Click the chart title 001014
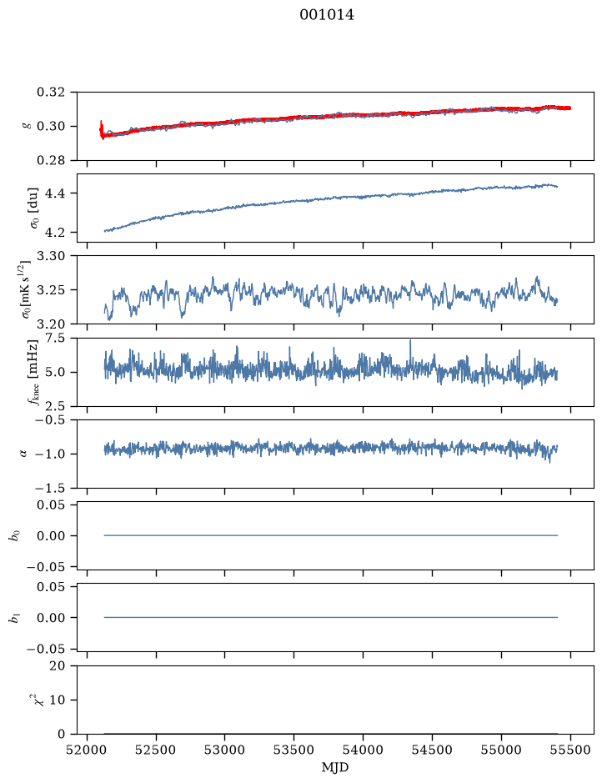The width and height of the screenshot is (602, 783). coord(327,15)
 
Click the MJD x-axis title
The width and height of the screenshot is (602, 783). coord(335,767)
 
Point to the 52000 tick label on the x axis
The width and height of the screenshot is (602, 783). coord(88,750)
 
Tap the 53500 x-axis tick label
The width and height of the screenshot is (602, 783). coord(293,750)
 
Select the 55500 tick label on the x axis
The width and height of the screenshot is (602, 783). coord(570,750)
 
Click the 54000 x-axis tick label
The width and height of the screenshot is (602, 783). coord(363,750)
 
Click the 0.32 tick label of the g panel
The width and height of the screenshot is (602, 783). coord(51,93)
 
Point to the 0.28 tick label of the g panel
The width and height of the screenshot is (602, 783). coord(51,160)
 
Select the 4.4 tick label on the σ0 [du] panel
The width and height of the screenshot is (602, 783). coord(55,193)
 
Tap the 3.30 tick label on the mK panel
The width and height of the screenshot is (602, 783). coord(51,256)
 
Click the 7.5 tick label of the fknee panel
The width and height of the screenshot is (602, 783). coord(55,338)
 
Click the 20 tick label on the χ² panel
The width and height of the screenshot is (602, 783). coord(58,666)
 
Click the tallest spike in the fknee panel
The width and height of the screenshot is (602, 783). coord(410,342)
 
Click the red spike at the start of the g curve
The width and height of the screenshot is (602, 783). coord(102,128)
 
